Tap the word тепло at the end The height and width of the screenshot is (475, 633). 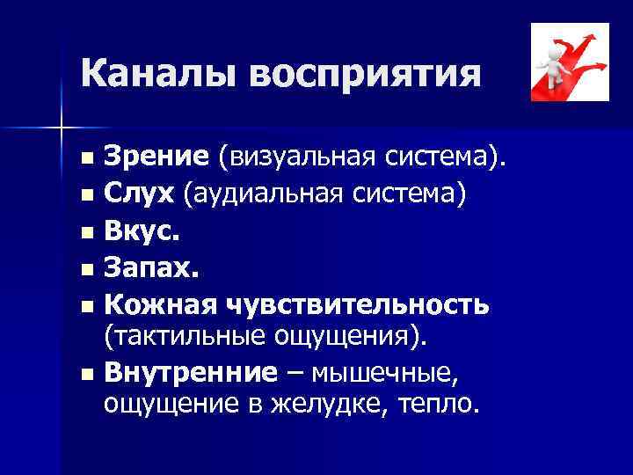440,404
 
